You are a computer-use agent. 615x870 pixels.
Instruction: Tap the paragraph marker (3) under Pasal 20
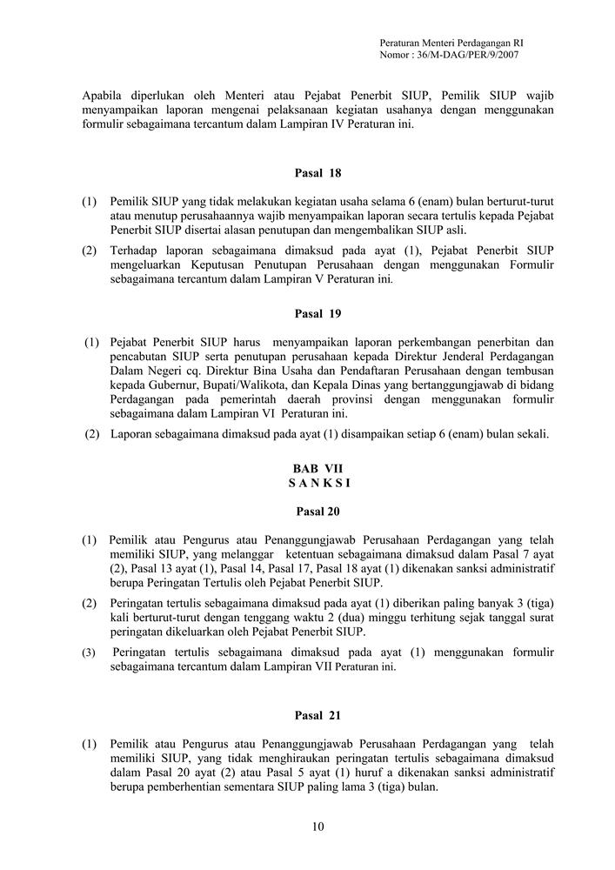click(90, 652)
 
